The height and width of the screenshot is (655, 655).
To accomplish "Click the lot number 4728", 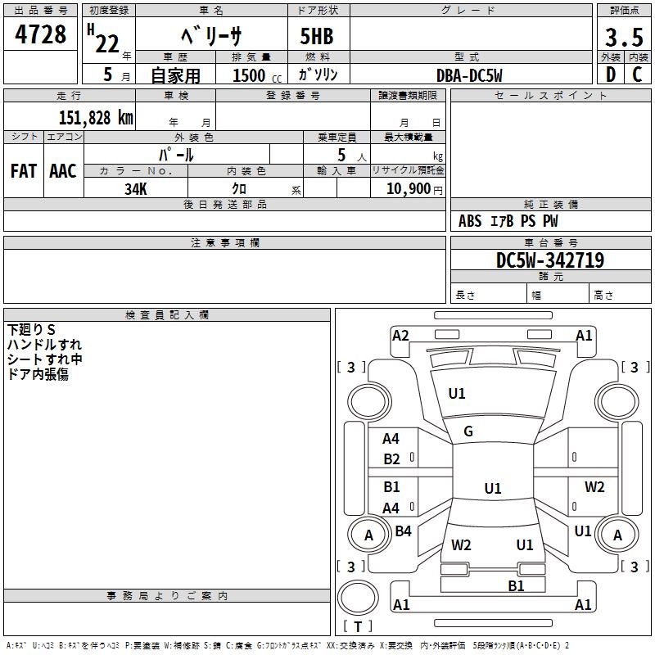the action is [x=40, y=34].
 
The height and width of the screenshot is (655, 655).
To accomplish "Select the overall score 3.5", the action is [x=624, y=37].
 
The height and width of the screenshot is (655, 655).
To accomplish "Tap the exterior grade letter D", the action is [x=611, y=75].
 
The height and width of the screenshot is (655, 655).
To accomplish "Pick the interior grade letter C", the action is [x=637, y=75].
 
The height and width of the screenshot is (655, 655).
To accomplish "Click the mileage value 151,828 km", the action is [x=96, y=118].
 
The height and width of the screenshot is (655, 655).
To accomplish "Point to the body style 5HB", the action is [x=317, y=36].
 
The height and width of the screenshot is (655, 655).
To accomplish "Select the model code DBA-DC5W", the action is [x=469, y=75].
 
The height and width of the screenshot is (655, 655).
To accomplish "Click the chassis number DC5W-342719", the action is [x=550, y=260].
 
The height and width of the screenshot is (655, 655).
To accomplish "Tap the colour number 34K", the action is [x=136, y=189].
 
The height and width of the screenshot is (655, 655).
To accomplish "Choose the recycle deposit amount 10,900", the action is [x=409, y=189].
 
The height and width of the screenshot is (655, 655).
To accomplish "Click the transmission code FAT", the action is [x=24, y=171].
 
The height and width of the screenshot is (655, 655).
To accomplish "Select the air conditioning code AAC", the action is [x=63, y=171].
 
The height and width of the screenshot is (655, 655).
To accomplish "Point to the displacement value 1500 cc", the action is [x=257, y=75].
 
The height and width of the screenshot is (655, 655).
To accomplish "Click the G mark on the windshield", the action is [x=468, y=431].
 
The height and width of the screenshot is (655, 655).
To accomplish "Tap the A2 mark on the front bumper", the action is [x=400, y=336].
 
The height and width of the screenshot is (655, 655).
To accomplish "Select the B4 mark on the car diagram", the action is [x=403, y=531].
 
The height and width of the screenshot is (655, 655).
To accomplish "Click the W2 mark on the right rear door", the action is [x=594, y=487].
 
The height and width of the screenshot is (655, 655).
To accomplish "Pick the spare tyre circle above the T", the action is [x=358, y=598].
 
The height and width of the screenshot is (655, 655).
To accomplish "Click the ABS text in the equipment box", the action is [x=470, y=221].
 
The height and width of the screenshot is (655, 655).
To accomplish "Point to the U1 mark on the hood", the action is [x=457, y=394].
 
